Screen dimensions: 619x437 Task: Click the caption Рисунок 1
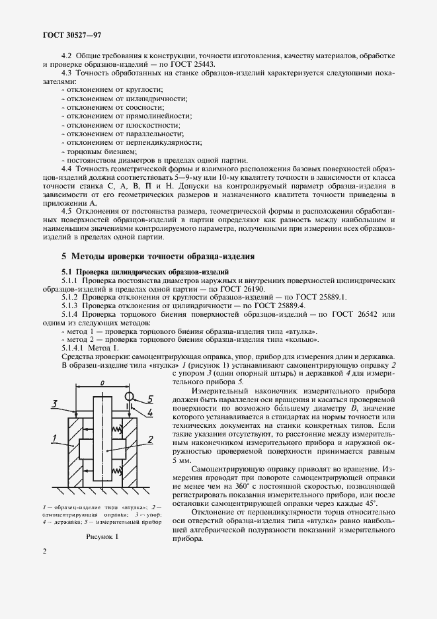tap(101, 537)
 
